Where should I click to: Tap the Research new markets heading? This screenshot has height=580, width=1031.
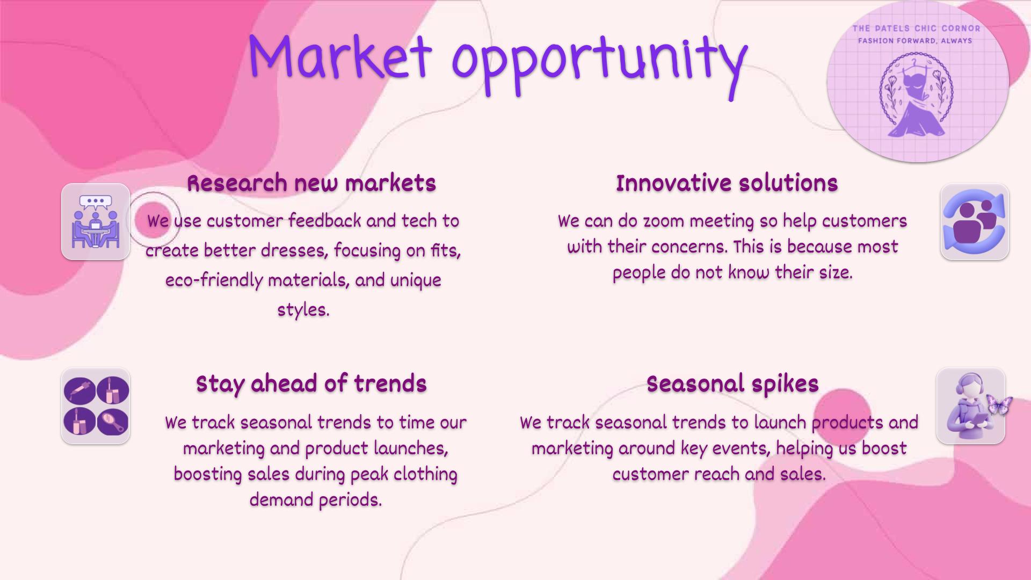311,183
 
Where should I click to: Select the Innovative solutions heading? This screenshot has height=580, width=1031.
727,183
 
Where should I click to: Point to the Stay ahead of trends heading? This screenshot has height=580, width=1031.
311,384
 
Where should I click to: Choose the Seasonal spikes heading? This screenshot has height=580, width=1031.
732,384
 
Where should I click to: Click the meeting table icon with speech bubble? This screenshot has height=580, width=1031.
96,222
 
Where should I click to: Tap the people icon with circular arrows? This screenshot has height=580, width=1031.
975,222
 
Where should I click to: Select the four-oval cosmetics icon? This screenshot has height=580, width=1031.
96,406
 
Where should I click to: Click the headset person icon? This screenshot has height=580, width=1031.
967,406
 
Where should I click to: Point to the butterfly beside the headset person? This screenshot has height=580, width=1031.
1000,405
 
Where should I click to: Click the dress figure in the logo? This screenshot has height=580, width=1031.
916,102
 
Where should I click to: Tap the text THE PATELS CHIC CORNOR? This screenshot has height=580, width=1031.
916,28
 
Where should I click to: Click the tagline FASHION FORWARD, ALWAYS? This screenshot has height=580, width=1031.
915,41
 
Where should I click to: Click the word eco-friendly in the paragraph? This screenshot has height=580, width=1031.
214,280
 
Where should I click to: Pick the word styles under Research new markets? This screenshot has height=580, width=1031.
303,310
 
